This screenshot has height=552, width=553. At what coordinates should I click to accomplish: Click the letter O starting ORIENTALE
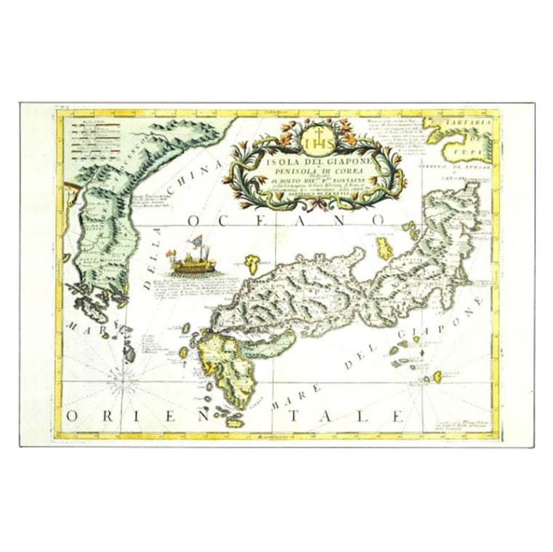coord(73,415)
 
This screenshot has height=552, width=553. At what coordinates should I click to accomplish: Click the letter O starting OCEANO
coord(194,220)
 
